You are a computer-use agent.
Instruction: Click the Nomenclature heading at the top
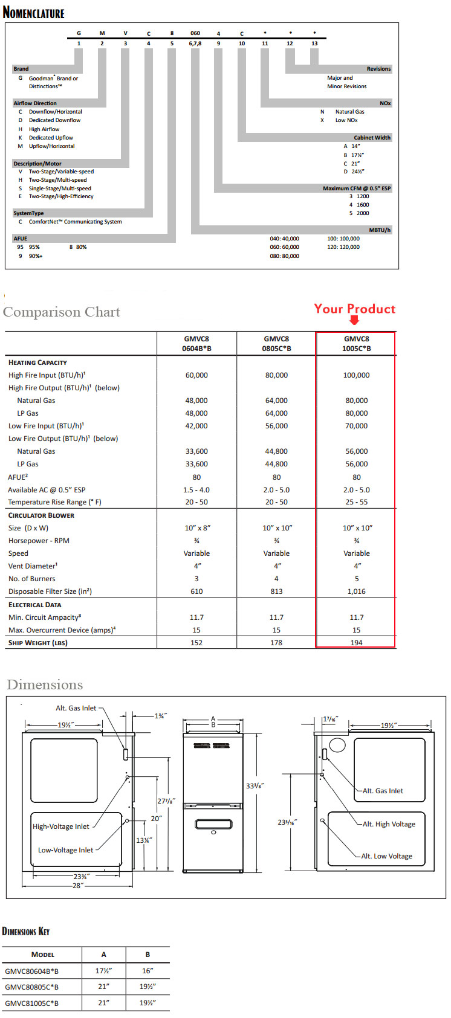pyautogui.click(x=33, y=12)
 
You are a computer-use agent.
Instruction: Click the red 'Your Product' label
pyautogui.click(x=354, y=309)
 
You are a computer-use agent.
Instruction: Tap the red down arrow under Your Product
pyautogui.click(x=354, y=321)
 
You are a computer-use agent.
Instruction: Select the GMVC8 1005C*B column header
pyautogui.click(x=356, y=343)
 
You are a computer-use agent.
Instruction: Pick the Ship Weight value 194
pyautogui.click(x=356, y=643)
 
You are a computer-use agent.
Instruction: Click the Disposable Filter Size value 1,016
pyautogui.click(x=356, y=591)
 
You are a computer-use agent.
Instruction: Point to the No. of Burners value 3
pyautogui.click(x=196, y=579)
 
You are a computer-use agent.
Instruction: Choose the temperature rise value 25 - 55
pyautogui.click(x=356, y=502)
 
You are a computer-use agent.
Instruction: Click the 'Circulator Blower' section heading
pyautogui.click(x=41, y=515)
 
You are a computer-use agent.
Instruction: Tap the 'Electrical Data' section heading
pyautogui.click(x=34, y=605)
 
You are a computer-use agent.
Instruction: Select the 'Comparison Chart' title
pyautogui.click(x=62, y=312)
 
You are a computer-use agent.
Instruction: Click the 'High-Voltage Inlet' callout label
pyautogui.click(x=60, y=826)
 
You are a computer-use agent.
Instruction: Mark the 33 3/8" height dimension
pyautogui.click(x=255, y=785)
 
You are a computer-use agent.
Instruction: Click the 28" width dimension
pyautogui.click(x=77, y=885)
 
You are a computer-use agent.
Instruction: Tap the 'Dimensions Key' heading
pyautogui.click(x=26, y=931)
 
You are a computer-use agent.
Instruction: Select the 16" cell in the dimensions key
pyautogui.click(x=148, y=971)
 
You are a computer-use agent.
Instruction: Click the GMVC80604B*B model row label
pyautogui.click(x=32, y=971)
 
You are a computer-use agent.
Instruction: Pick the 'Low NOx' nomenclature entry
pyautogui.click(x=346, y=120)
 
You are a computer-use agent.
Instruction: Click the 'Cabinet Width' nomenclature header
pyautogui.click(x=372, y=138)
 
